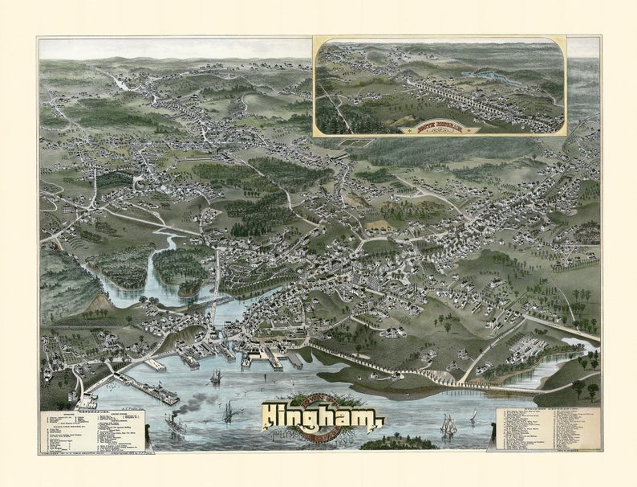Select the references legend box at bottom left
pyautogui.click(x=92, y=431)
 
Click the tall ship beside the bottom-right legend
pyautogui.click(x=448, y=425)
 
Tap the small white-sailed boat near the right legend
pyautogui.click(x=473, y=415)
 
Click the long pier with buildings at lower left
pyautogui.click(x=144, y=391)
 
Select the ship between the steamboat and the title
pyautogui.click(x=228, y=412)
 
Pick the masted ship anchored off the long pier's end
pyautogui.click(x=216, y=376)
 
